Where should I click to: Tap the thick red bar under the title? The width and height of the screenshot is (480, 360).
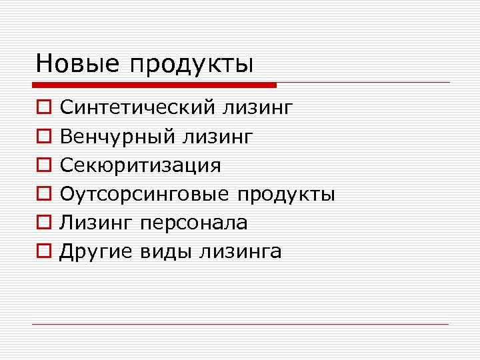(154, 85)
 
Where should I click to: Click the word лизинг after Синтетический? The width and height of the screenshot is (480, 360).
(258, 108)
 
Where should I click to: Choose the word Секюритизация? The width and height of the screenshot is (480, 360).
(140, 165)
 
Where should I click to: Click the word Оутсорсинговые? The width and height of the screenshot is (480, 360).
(144, 194)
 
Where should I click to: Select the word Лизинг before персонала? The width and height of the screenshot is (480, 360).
(97, 223)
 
